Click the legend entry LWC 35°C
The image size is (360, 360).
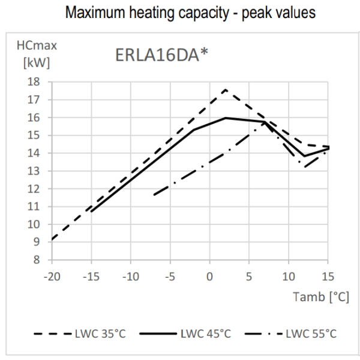[76, 334]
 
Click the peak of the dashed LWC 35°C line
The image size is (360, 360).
[225, 89]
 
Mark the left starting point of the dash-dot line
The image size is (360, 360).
[154, 195]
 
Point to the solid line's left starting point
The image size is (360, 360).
[91, 212]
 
